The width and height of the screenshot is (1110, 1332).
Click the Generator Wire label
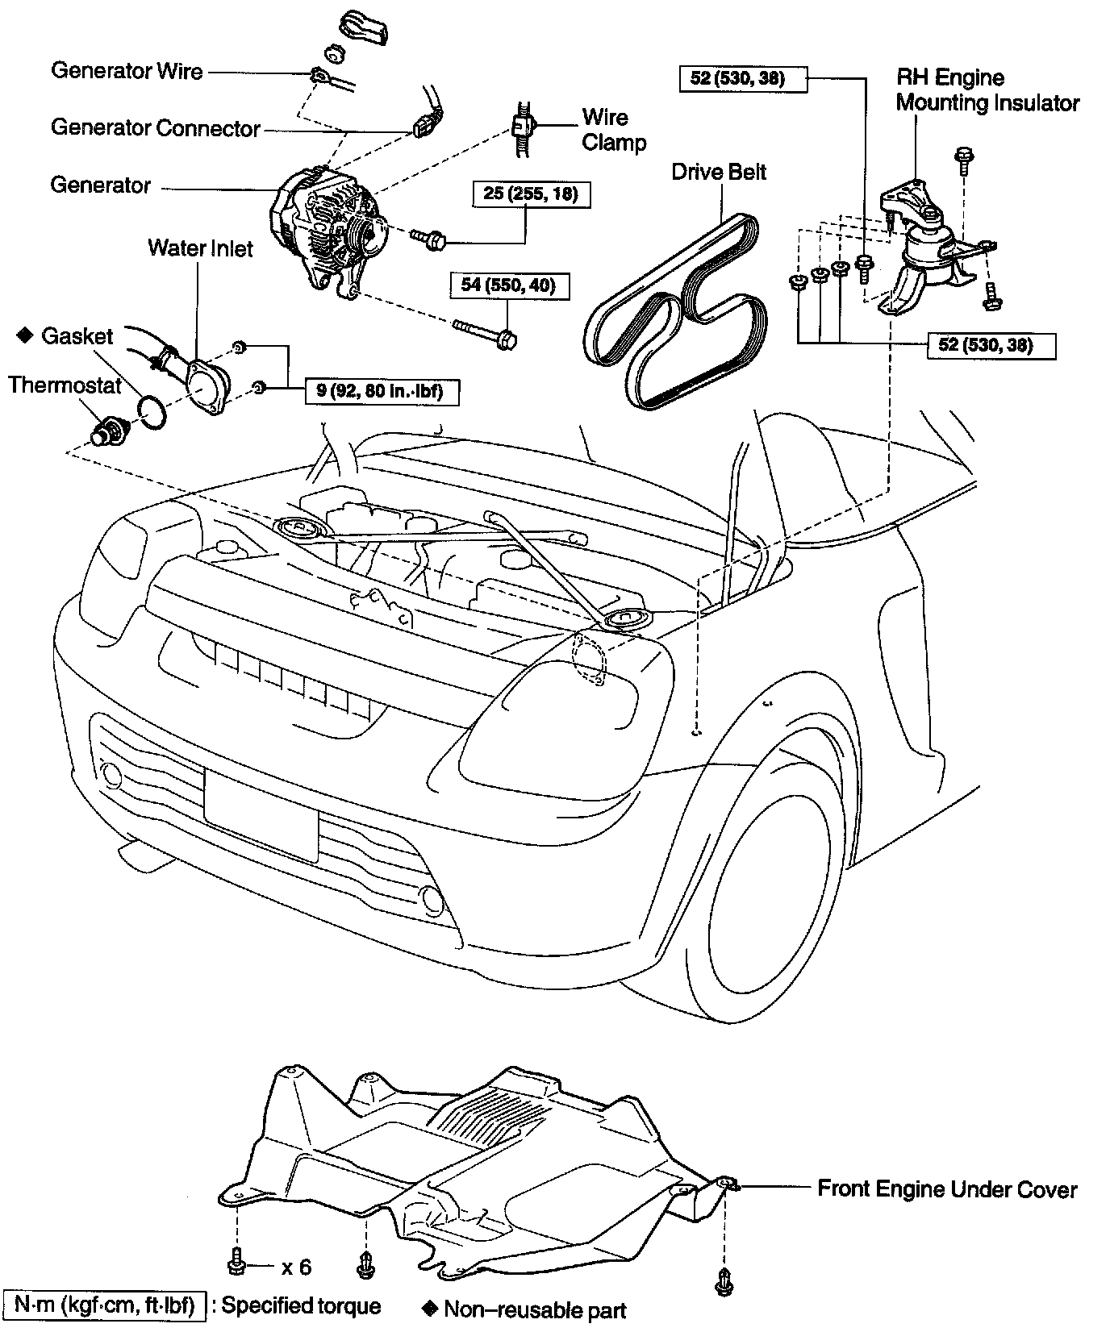point(127,71)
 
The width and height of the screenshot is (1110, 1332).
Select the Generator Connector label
point(155,128)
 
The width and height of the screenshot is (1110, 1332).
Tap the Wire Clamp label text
point(614,130)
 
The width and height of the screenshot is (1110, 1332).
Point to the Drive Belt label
point(719,172)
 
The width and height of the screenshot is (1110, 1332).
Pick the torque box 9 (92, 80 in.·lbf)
point(382,393)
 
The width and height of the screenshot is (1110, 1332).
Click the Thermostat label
point(65,385)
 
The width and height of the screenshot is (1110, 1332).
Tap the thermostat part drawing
point(104,427)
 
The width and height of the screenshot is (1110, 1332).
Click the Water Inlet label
point(200,248)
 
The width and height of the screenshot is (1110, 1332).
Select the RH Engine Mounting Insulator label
point(987,90)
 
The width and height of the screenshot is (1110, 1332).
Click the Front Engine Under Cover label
point(947,1189)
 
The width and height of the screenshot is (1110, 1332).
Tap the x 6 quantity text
point(296,1267)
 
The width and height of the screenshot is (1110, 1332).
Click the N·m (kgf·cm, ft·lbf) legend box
point(103,1306)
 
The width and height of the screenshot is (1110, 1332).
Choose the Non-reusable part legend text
point(535,1310)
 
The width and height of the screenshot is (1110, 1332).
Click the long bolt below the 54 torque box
point(486,331)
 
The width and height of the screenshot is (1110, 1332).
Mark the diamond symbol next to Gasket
point(24,335)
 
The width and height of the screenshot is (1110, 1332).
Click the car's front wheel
point(770,903)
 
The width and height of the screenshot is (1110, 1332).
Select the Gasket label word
point(77,335)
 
